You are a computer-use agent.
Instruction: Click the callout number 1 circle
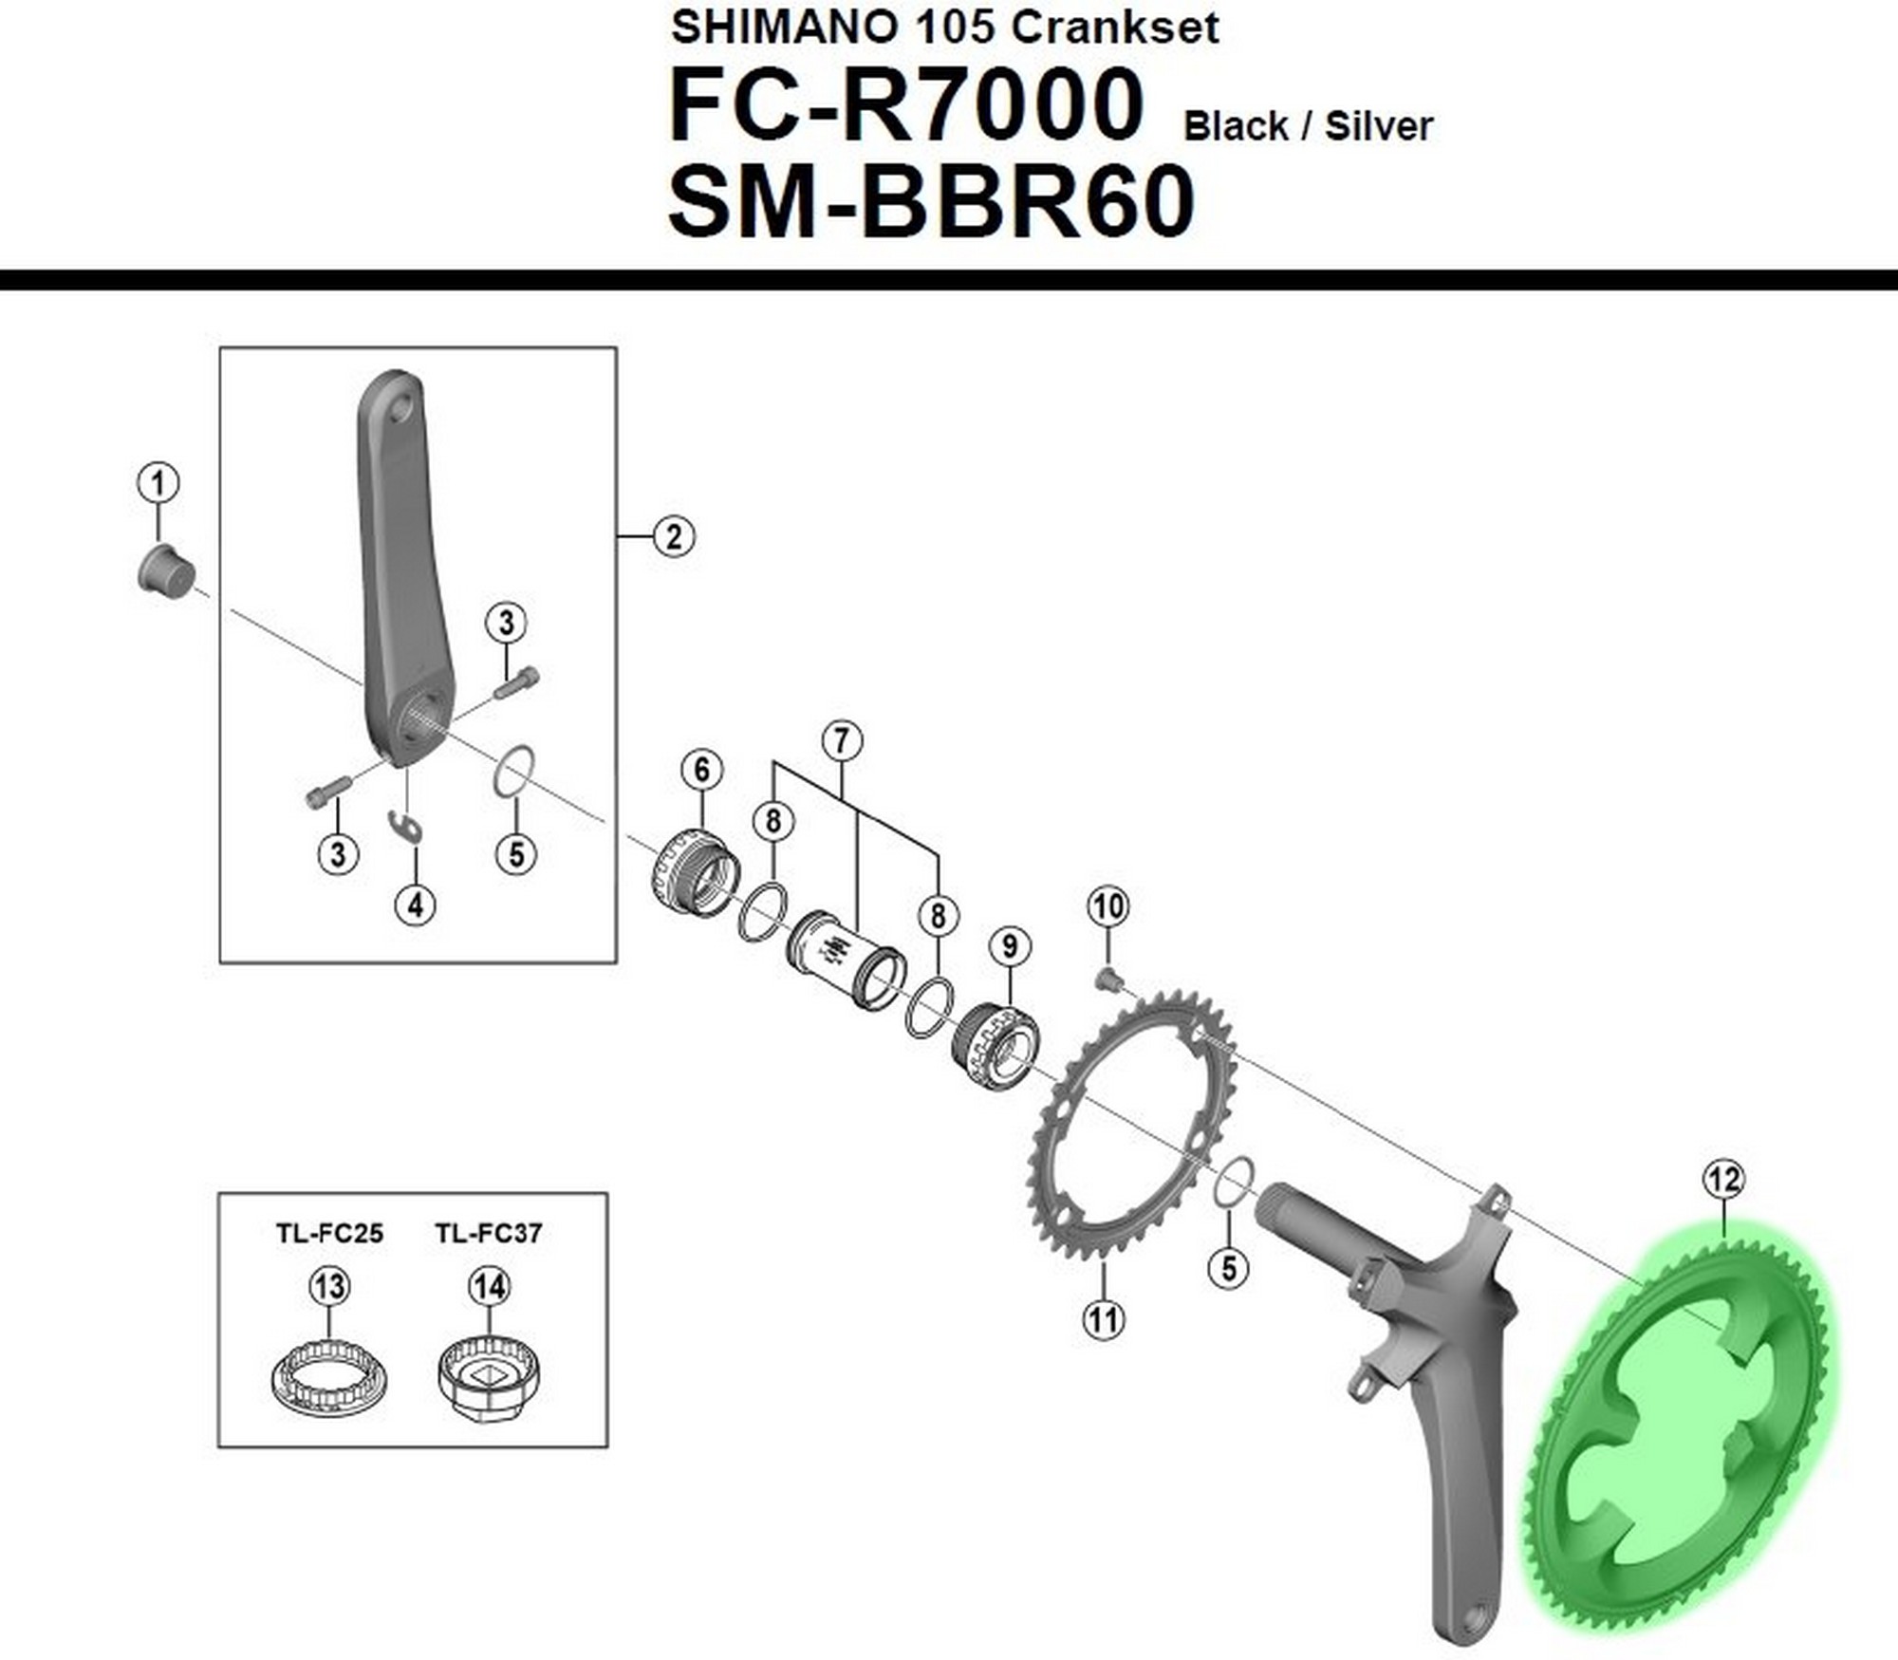[158, 483]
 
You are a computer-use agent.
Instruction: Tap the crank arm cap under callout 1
[167, 569]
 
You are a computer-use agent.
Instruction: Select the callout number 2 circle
[674, 536]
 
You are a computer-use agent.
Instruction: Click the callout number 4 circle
[416, 905]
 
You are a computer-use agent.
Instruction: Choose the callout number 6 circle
[701, 770]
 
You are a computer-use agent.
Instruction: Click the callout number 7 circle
[842, 740]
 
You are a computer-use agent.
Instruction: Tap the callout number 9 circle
[1009, 945]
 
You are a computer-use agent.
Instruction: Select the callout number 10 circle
[1107, 906]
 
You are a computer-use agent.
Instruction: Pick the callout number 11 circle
[1104, 1319]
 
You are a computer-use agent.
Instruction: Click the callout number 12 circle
[1723, 1180]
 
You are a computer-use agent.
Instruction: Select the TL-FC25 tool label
[329, 1234]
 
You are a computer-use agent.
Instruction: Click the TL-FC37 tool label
[489, 1234]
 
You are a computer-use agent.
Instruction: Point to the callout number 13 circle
[329, 1287]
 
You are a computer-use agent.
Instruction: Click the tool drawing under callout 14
[489, 1376]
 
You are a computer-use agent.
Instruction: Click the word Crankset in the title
[1114, 28]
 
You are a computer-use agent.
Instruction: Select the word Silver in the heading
[1378, 126]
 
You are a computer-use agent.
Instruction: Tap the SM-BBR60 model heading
[931, 202]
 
